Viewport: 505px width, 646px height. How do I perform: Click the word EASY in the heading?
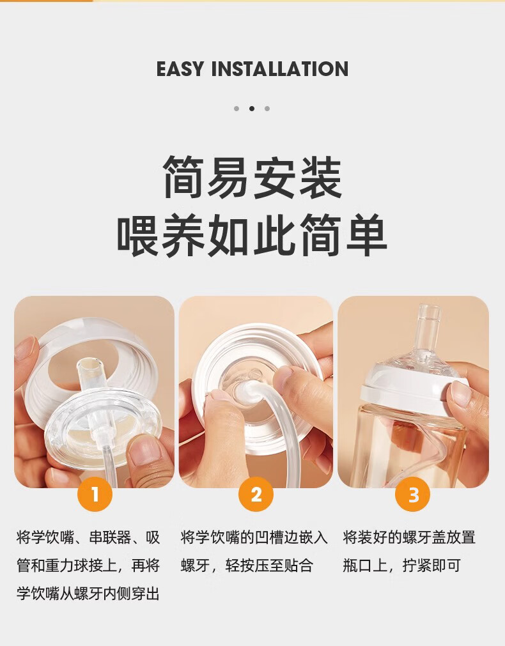click(180, 69)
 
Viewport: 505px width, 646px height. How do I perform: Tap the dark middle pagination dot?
click(252, 109)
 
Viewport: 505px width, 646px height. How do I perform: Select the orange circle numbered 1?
click(95, 494)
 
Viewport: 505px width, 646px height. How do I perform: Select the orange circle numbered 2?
click(256, 494)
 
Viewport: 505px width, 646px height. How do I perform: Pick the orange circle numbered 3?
click(412, 494)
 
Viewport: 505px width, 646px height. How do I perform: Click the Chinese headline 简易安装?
click(252, 177)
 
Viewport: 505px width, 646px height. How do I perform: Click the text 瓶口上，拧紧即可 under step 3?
click(401, 565)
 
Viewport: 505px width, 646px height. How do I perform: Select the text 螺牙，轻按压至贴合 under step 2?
click(247, 565)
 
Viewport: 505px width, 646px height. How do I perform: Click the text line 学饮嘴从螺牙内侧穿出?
click(88, 594)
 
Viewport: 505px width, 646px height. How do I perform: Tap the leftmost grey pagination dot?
click(237, 109)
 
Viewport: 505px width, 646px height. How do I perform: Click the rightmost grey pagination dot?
click(267, 109)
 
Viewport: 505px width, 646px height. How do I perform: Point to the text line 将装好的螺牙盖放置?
click(409, 537)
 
